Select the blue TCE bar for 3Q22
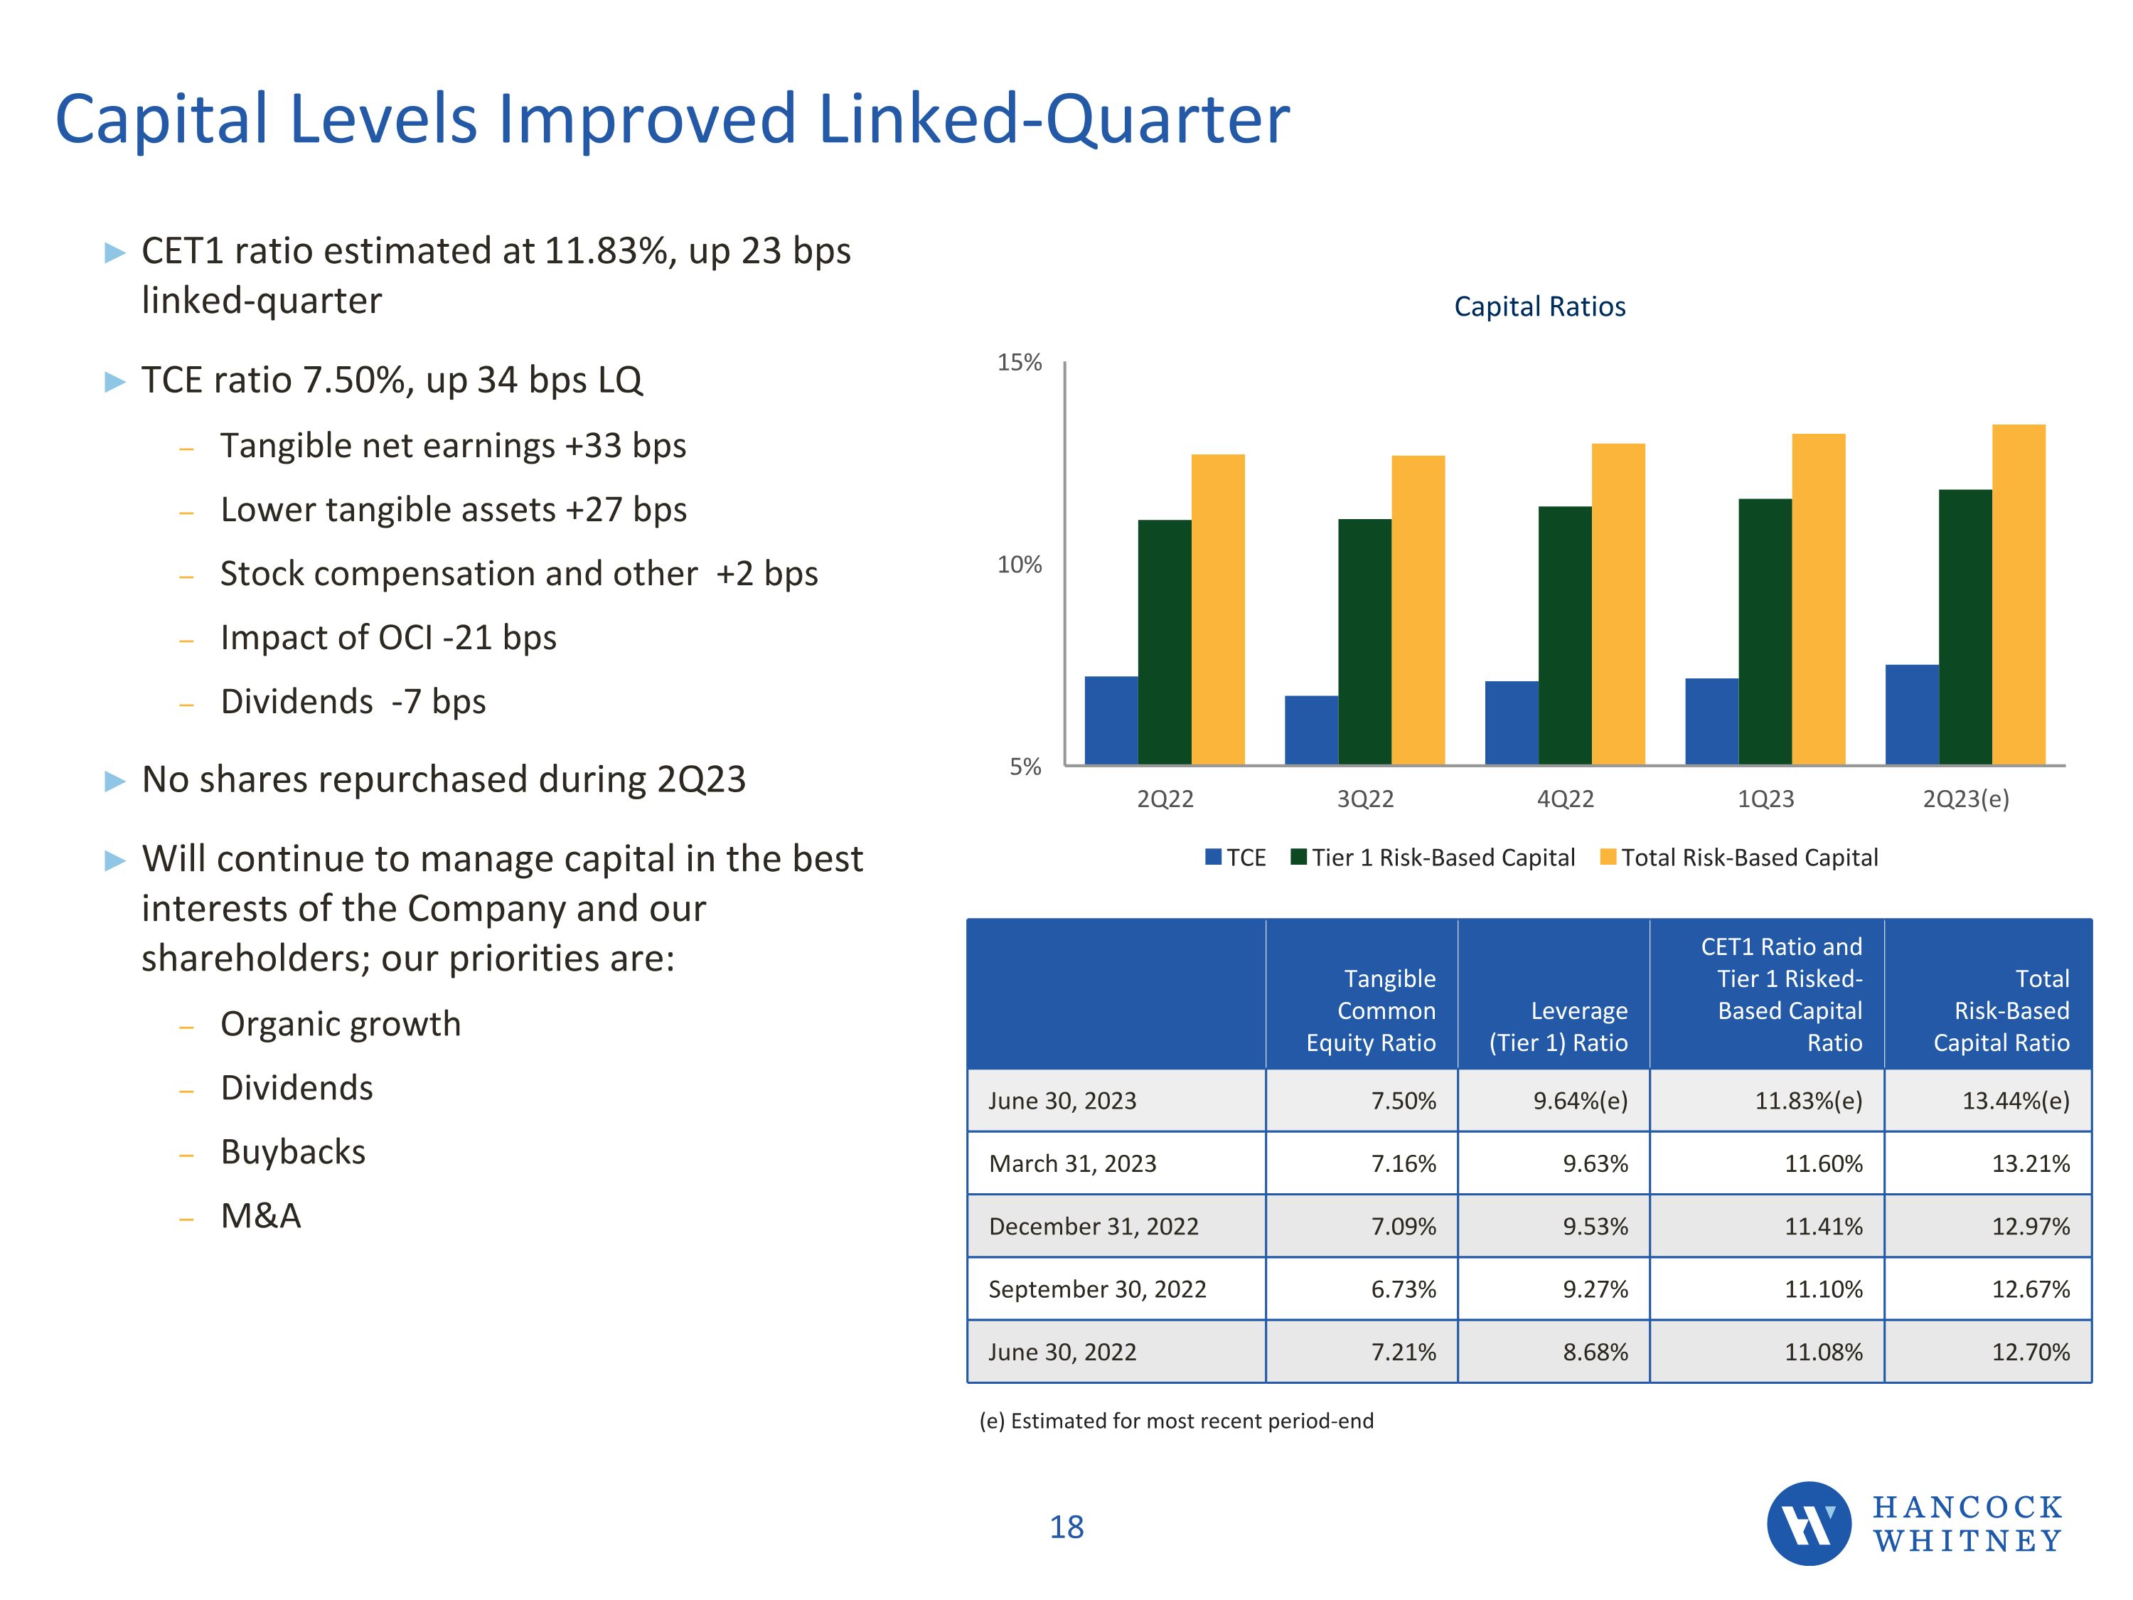pyautogui.click(x=1310, y=730)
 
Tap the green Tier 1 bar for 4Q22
pyautogui.click(x=1564, y=636)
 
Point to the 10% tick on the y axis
pyautogui.click(x=1020, y=565)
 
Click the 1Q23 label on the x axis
pyautogui.click(x=1765, y=799)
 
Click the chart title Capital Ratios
pyautogui.click(x=1539, y=306)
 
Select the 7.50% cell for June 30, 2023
pyautogui.click(x=1403, y=1100)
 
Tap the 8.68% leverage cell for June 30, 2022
pyautogui.click(x=1595, y=1352)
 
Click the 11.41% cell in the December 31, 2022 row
pyautogui.click(x=1822, y=1226)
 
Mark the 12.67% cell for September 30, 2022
pyautogui.click(x=2030, y=1289)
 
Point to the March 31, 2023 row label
pyautogui.click(x=1072, y=1163)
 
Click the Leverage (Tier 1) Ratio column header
pyautogui.click(x=1559, y=1026)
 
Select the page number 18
pyautogui.click(x=1066, y=1527)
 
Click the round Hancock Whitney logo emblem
pyautogui.click(x=1808, y=1524)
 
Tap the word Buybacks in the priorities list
pyautogui.click(x=293, y=1151)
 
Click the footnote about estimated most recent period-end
pyautogui.click(x=1177, y=1421)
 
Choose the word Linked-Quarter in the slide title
pyautogui.click(x=1053, y=119)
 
